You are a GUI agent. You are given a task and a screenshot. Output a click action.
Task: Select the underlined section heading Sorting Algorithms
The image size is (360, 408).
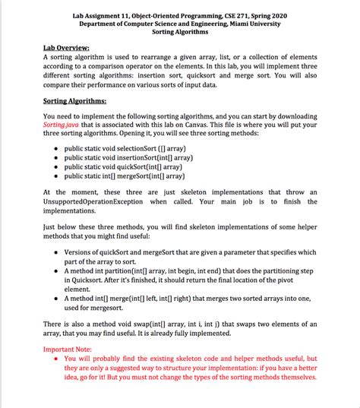(75, 100)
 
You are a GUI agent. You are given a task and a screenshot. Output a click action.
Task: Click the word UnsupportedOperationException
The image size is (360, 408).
(95, 202)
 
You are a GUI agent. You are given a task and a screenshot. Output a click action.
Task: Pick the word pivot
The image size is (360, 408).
(305, 280)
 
